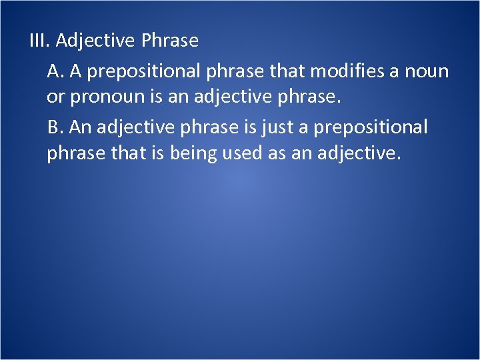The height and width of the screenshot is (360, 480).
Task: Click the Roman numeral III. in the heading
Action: (40, 41)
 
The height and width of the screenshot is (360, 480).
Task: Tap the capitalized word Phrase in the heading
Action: (170, 41)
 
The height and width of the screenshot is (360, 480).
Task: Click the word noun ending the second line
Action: (427, 70)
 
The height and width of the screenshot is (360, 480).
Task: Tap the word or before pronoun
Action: (56, 98)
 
